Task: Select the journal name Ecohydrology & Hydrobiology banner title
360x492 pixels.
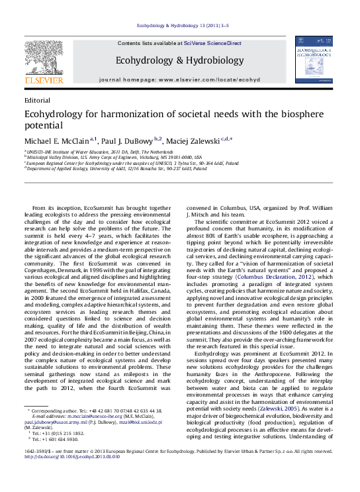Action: (179, 60)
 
